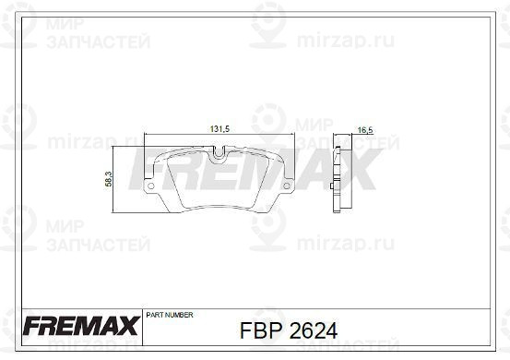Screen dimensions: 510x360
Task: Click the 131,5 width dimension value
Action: pyautogui.click(x=219, y=129)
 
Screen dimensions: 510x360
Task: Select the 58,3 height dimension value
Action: pyautogui.click(x=109, y=179)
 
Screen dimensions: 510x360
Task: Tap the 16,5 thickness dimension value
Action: pyautogui.click(x=365, y=130)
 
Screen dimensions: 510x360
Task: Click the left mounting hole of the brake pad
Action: pyautogui.click(x=151, y=186)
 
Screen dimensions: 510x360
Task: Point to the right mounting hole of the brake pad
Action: pyautogui.click(x=287, y=186)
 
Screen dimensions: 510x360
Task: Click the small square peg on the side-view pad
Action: pyautogui.click(x=331, y=186)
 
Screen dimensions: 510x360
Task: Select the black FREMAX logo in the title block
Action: pyautogui.click(x=81, y=326)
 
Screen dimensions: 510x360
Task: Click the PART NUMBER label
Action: pyautogui.click(x=170, y=315)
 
